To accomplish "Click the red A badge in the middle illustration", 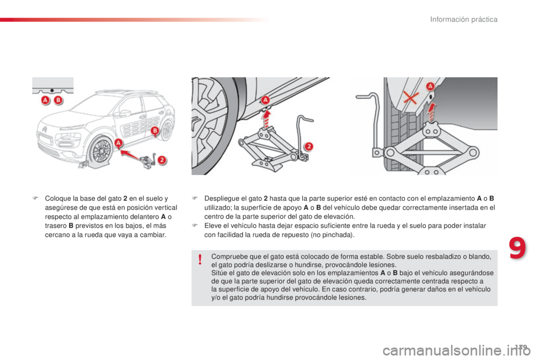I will click(x=264, y=100).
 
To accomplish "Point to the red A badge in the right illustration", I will click(x=430, y=86).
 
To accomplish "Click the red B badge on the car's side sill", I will click(x=155, y=130).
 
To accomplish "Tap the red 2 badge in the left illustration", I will click(x=161, y=159).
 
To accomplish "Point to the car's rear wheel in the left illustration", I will click(x=165, y=130).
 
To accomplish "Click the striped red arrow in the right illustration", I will click(x=431, y=111).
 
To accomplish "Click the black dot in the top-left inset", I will click(x=52, y=89).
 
